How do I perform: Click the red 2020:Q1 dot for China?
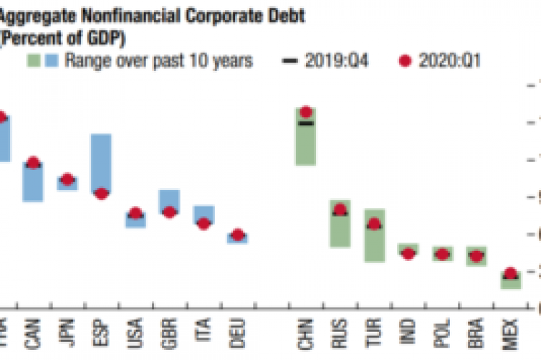305,112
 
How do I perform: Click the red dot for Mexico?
511,274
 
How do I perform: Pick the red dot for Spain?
101,194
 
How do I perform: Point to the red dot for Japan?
67,179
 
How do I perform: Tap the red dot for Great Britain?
169,212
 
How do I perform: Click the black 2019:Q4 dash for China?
305,124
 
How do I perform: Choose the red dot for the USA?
135,214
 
